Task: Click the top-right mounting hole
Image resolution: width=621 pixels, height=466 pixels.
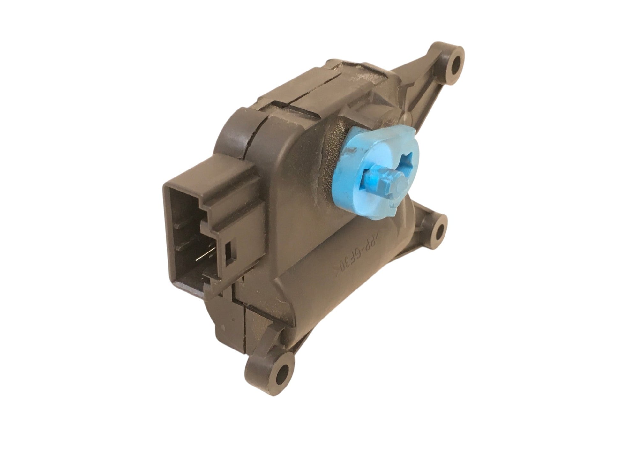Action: (454, 61)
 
